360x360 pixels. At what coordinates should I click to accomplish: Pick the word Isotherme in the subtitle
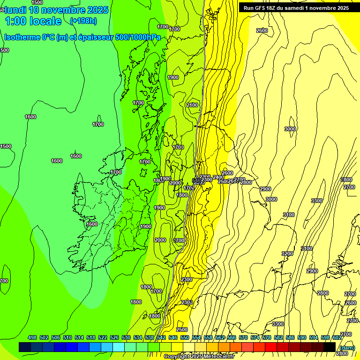pos(22,37)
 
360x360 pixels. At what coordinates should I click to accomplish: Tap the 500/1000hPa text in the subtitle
pos(140,37)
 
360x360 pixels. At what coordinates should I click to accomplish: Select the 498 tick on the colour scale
pos(32,337)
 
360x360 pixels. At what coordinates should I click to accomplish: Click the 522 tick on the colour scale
pos(103,337)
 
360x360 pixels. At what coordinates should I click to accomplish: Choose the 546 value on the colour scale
pos(173,337)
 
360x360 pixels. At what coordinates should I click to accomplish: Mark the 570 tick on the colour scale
pos(243,337)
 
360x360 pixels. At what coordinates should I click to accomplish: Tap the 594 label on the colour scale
pos(314,337)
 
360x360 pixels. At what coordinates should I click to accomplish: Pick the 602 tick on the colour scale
pos(337,337)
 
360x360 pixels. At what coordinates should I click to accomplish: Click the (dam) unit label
pos(347,347)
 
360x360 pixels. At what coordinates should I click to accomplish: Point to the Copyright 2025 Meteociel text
pos(199,357)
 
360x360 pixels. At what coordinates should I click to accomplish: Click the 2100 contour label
pos(192,105)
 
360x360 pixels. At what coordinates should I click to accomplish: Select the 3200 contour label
pos(287,254)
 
